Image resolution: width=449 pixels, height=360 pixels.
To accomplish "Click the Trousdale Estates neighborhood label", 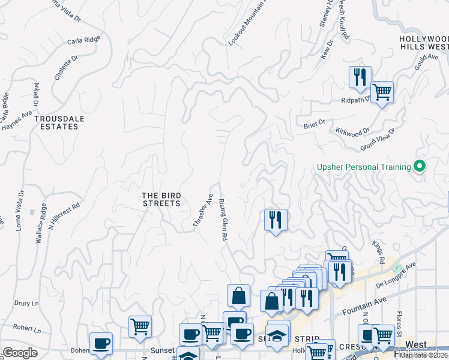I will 59,123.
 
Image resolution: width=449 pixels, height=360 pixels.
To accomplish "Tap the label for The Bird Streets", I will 161,199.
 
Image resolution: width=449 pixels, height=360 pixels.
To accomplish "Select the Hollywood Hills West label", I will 424,42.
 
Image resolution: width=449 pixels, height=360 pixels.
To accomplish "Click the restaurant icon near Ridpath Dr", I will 360,77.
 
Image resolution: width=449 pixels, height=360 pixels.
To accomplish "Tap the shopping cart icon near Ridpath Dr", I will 382,92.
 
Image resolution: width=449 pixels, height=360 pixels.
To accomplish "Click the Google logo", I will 20,353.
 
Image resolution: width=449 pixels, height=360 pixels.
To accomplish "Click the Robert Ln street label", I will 26,329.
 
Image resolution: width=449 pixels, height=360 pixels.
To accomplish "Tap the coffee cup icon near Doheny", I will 101,344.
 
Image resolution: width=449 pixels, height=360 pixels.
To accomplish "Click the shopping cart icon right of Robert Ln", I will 140,326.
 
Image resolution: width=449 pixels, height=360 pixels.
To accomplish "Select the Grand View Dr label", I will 378,140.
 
